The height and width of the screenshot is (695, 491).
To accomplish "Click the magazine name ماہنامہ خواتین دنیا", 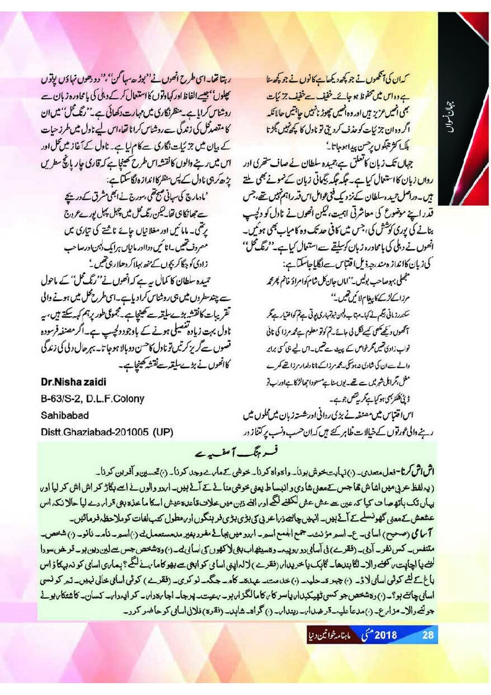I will tap(335, 635).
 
